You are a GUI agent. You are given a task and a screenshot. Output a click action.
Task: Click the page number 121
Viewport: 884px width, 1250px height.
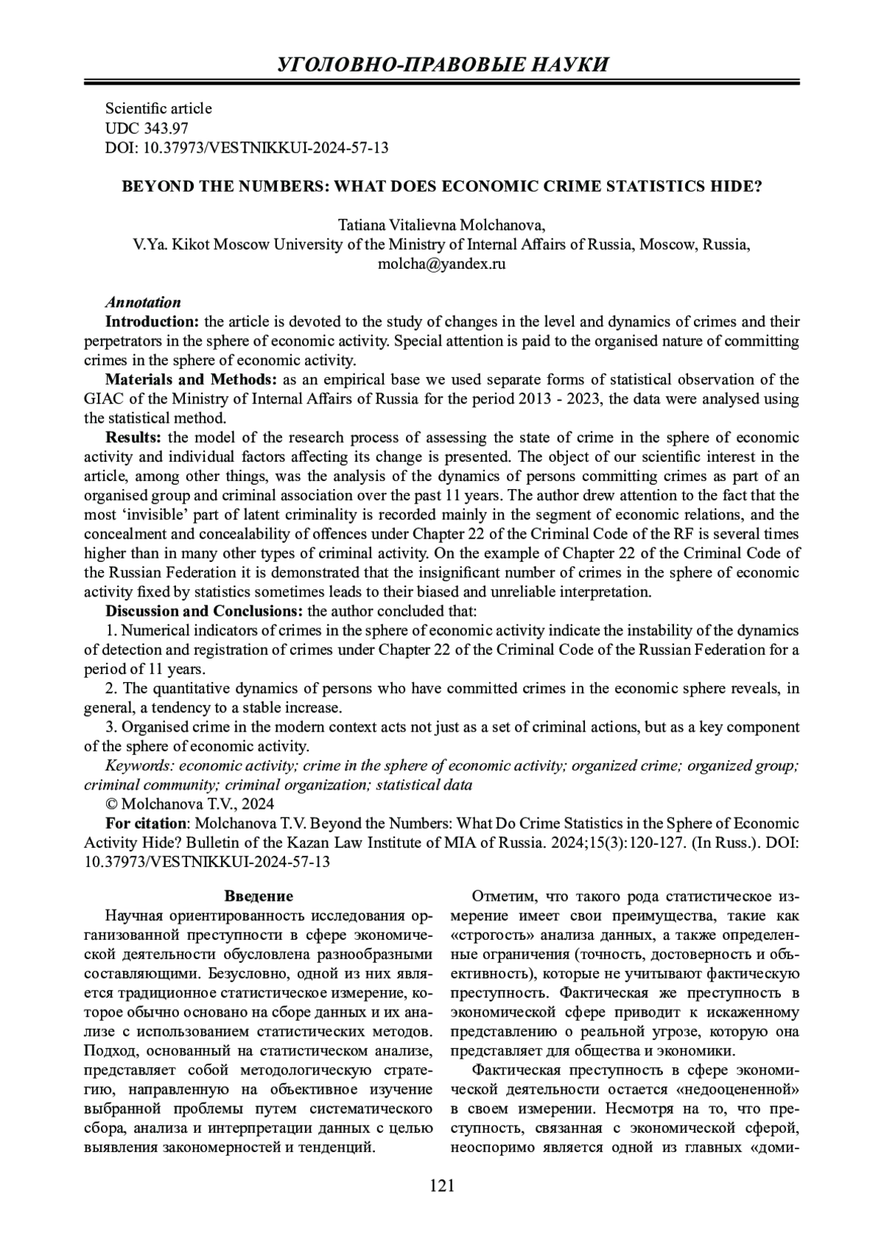[442, 1185]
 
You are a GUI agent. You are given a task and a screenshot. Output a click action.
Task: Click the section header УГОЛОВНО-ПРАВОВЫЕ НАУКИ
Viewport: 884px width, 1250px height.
[443, 65]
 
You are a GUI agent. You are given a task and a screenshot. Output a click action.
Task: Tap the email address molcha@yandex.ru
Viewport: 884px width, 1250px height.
[441, 264]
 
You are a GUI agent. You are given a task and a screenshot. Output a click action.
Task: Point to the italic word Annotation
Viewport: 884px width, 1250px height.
[143, 303]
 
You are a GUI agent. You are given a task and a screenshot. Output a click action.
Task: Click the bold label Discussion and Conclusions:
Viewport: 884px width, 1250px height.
[204, 611]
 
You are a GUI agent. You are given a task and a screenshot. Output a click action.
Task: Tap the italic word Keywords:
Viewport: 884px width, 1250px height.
[140, 765]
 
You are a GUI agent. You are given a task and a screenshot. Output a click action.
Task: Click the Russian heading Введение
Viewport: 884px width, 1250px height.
[259, 896]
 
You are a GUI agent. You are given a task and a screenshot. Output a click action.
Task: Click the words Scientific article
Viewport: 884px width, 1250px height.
[158, 108]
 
